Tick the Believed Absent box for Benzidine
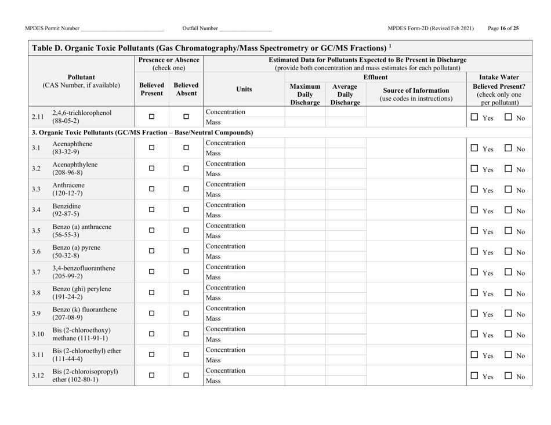[x=186, y=210]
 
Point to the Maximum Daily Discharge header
[x=304, y=93]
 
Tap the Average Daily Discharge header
[x=345, y=93]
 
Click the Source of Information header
[x=416, y=93]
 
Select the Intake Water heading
[x=501, y=76]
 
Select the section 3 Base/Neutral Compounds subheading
[x=143, y=133]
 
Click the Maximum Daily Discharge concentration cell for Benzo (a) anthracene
[x=304, y=226]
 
